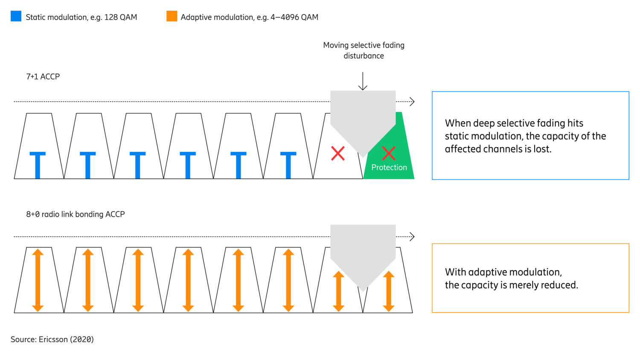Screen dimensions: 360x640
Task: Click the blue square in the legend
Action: tap(16, 16)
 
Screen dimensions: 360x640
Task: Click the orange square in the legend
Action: tap(172, 16)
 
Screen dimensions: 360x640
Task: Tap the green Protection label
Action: tap(389, 168)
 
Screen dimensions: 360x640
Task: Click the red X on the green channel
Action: tap(388, 153)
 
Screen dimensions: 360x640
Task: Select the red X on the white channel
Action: tap(338, 153)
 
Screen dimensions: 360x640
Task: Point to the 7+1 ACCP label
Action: tap(43, 77)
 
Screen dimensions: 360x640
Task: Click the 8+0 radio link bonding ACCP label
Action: tap(76, 214)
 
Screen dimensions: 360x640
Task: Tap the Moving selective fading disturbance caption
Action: tap(364, 50)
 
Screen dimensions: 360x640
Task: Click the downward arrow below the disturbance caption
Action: tap(363, 81)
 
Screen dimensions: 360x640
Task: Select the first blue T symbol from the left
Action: tap(38, 165)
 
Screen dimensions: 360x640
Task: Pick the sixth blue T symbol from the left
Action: tap(288, 165)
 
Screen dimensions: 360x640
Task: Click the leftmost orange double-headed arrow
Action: tap(38, 280)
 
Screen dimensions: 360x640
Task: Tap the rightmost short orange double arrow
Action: tap(388, 291)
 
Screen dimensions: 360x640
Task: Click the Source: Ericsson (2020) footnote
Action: tap(52, 340)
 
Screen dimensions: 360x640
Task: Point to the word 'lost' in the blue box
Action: tap(543, 149)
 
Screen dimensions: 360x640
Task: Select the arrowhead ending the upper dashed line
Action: tap(412, 102)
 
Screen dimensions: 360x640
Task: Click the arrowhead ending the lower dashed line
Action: tap(412, 237)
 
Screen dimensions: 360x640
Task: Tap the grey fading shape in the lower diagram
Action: tap(363, 252)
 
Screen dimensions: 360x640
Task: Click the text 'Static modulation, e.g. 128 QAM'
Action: tap(81, 17)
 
